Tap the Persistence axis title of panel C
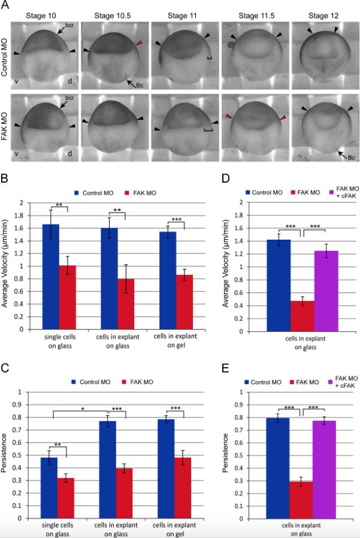tap(5, 455)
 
